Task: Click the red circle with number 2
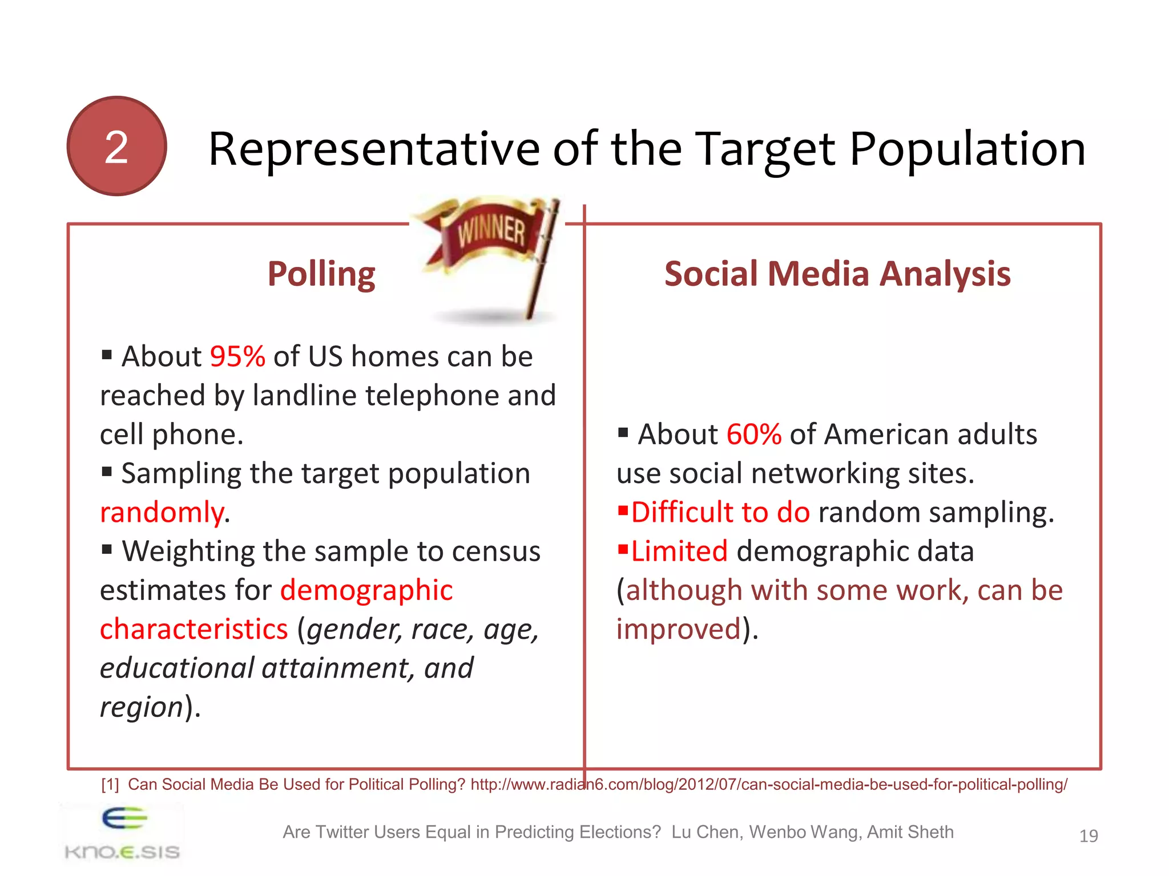pyautogui.click(x=116, y=147)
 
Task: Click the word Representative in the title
pyautogui.click(x=374, y=149)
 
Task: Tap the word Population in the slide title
pyautogui.click(x=967, y=149)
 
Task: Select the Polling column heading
pyautogui.click(x=321, y=274)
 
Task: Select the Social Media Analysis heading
pyautogui.click(x=837, y=274)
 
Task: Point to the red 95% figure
pyautogui.click(x=237, y=356)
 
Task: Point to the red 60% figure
pyautogui.click(x=753, y=435)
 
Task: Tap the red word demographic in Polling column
pyautogui.click(x=366, y=590)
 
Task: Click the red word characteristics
pyautogui.click(x=194, y=629)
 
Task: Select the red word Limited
pyautogui.click(x=679, y=551)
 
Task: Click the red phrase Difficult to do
pyautogui.click(x=720, y=512)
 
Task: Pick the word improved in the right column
pyautogui.click(x=679, y=629)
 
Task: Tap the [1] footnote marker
pyautogui.click(x=110, y=785)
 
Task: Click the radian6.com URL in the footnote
pyautogui.click(x=768, y=785)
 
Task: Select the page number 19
pyautogui.click(x=1088, y=836)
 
